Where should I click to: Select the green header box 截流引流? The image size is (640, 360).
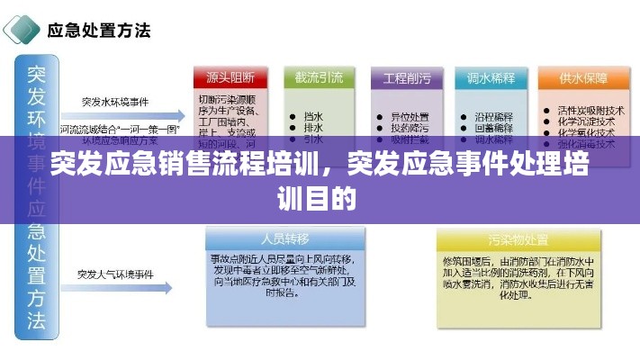(318, 77)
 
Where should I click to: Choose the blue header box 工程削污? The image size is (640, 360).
(407, 77)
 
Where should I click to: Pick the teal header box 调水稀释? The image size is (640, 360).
(491, 77)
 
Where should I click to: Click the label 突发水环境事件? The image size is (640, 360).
(115, 101)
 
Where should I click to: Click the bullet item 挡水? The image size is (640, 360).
(314, 116)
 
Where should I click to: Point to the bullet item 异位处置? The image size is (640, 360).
(409, 116)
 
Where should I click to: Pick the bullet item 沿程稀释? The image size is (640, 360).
(493, 116)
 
